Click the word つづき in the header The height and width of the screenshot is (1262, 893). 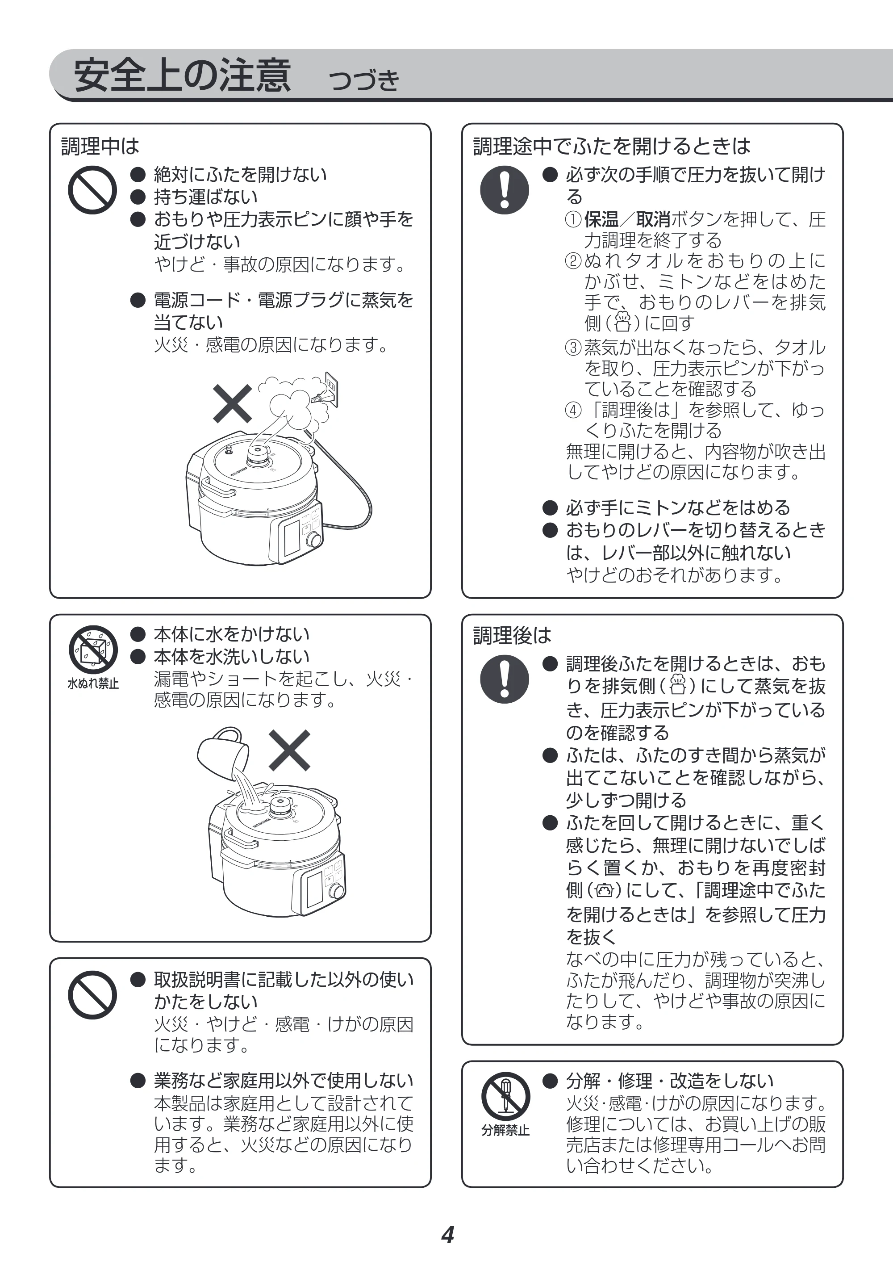point(363,80)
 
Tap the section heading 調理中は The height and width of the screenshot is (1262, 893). point(100,147)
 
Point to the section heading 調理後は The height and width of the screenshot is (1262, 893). point(512,635)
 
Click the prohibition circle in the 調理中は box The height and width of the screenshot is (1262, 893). point(92,190)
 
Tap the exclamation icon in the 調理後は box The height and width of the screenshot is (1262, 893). point(504,679)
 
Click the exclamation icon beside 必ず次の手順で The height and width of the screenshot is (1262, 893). point(504,190)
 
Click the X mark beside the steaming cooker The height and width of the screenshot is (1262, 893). point(233,403)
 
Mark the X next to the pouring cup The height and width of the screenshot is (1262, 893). point(289,750)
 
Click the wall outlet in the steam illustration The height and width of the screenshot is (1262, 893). point(330,389)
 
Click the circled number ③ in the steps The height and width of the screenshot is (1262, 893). point(573,348)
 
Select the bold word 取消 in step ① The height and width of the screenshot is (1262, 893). point(653,219)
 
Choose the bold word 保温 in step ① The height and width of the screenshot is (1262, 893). point(601,219)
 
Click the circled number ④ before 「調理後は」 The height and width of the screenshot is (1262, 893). point(573,410)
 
